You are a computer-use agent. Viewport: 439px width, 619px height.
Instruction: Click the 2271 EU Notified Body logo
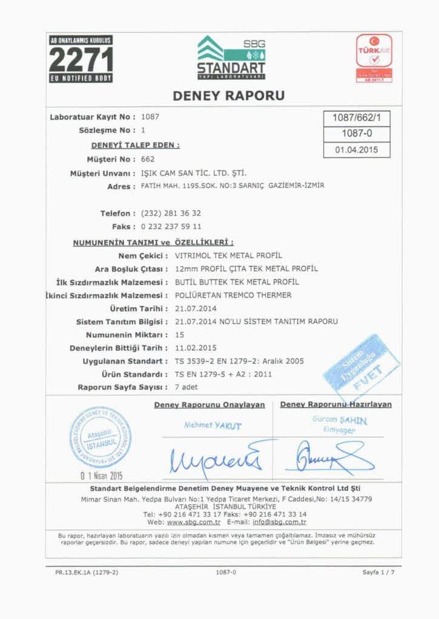pyautogui.click(x=81, y=59)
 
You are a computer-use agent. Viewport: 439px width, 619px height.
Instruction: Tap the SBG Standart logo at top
pyautogui.click(x=231, y=57)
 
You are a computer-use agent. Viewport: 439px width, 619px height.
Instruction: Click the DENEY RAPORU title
pyautogui.click(x=228, y=96)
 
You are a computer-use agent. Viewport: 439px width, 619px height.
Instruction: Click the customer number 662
pyautogui.click(x=148, y=159)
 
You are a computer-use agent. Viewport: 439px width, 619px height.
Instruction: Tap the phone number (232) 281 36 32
pyautogui.click(x=171, y=213)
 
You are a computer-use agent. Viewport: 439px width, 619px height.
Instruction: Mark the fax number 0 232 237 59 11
pyautogui.click(x=171, y=227)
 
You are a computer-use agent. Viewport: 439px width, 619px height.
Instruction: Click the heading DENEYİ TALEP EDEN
pyautogui.click(x=135, y=145)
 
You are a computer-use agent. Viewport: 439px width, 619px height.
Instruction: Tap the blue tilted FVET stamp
pyautogui.click(x=361, y=364)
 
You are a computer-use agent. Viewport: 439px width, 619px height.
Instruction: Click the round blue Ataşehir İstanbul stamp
pyautogui.click(x=100, y=437)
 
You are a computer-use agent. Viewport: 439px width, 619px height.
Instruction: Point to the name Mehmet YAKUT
pyautogui.click(x=213, y=426)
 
